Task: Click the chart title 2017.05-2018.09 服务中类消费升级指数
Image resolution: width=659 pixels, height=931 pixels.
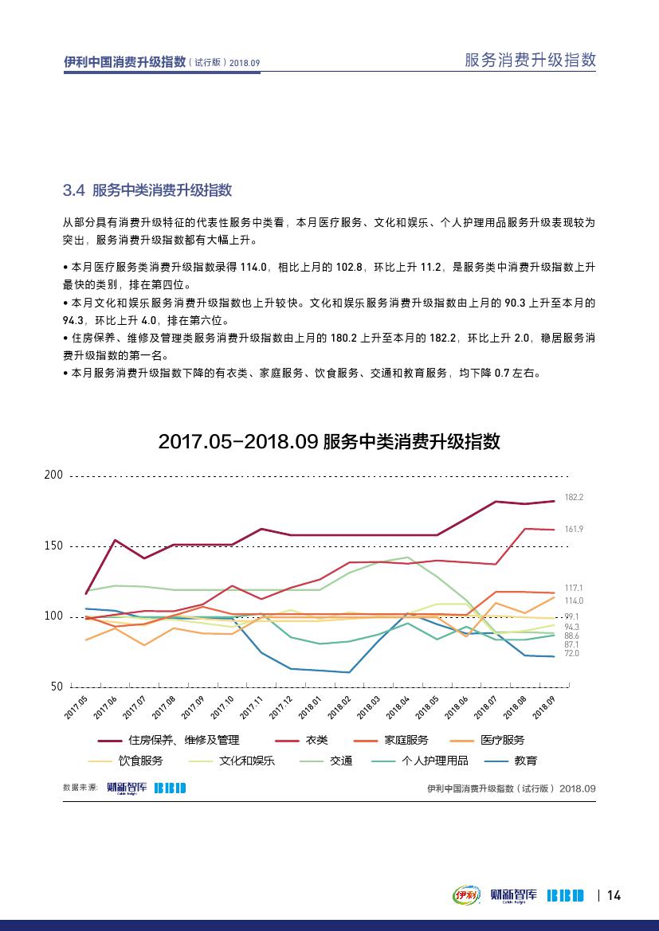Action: [x=329, y=441]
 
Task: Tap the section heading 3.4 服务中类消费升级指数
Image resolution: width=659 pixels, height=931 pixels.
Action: [x=147, y=190]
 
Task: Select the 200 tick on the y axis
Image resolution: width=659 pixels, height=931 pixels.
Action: [x=53, y=475]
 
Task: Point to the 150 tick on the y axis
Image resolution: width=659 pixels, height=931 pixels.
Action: [x=53, y=546]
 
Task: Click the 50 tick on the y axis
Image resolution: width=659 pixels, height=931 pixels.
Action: [x=57, y=686]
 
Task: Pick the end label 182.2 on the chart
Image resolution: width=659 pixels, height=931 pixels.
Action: [x=574, y=497]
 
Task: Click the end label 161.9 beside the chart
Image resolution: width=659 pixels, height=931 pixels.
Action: [x=574, y=529]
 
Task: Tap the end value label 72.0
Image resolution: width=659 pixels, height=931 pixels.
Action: [x=571, y=653]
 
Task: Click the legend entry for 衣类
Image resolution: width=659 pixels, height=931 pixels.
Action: [x=317, y=740]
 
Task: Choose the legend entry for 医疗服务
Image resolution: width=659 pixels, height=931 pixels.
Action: [x=502, y=740]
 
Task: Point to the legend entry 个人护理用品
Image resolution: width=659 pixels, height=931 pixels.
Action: [x=435, y=761]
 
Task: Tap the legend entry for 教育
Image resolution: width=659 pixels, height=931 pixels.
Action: [x=525, y=761]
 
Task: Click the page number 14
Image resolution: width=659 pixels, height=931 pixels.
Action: [x=614, y=895]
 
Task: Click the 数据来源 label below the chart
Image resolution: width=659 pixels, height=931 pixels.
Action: [x=80, y=787]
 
